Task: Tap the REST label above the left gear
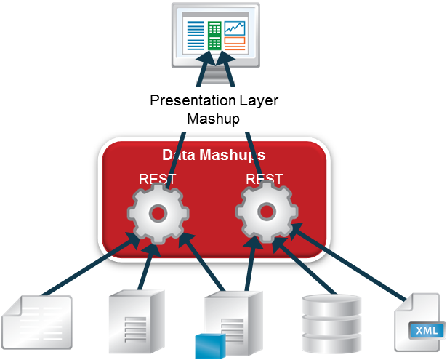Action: (x=157, y=178)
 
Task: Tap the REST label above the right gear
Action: (x=265, y=178)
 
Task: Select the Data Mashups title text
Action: (x=213, y=155)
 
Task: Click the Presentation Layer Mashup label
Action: (x=213, y=109)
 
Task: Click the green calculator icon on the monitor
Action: (x=214, y=35)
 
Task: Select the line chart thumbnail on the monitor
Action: (x=235, y=28)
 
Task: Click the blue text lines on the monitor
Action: (x=196, y=35)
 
